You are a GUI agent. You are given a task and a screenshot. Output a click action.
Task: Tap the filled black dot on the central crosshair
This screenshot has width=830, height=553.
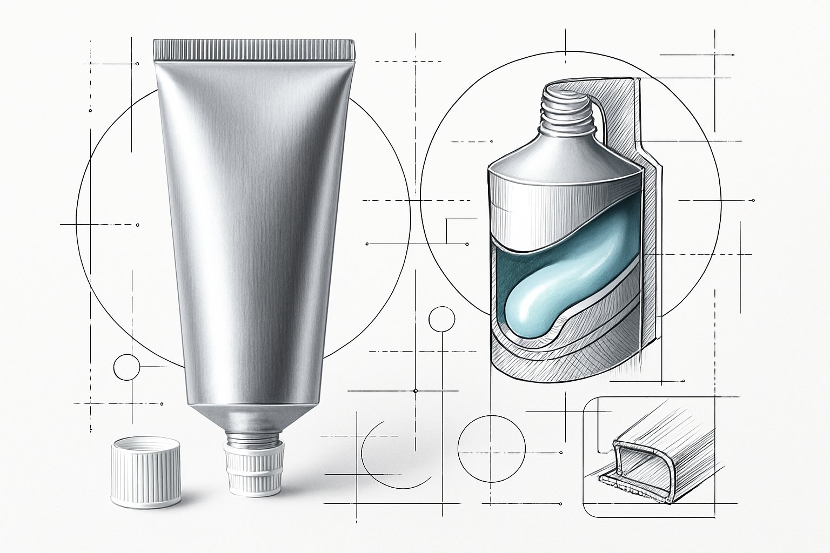415,390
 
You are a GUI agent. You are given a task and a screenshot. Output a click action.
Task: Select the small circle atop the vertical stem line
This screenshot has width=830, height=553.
442,319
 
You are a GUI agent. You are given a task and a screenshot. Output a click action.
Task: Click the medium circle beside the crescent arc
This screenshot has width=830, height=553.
491,446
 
